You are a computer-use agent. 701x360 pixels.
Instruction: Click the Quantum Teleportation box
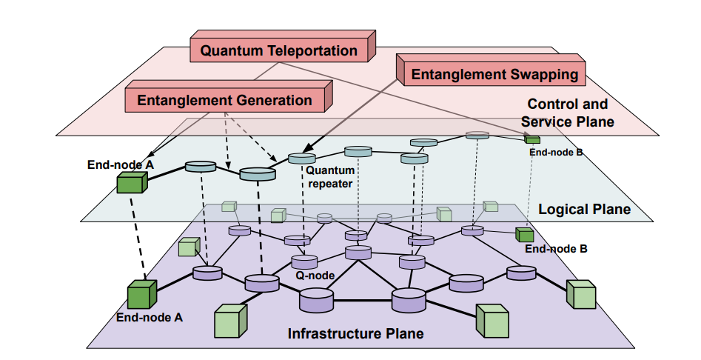point(279,50)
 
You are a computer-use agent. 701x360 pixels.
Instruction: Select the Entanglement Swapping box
point(494,74)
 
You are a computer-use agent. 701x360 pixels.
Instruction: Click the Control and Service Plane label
point(567,113)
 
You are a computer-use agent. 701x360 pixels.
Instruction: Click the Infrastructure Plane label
point(355,333)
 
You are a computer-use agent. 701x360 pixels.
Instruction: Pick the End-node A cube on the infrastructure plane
point(141,294)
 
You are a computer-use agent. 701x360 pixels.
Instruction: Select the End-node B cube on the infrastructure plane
point(524,235)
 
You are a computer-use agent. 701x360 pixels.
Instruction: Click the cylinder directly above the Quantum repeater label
point(301,158)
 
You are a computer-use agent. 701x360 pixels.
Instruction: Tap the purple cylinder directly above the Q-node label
point(303,261)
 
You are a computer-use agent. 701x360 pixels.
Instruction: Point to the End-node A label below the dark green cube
point(149,317)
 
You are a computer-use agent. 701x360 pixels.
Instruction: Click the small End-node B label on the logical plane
point(557,153)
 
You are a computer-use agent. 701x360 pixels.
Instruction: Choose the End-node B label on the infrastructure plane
point(556,249)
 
